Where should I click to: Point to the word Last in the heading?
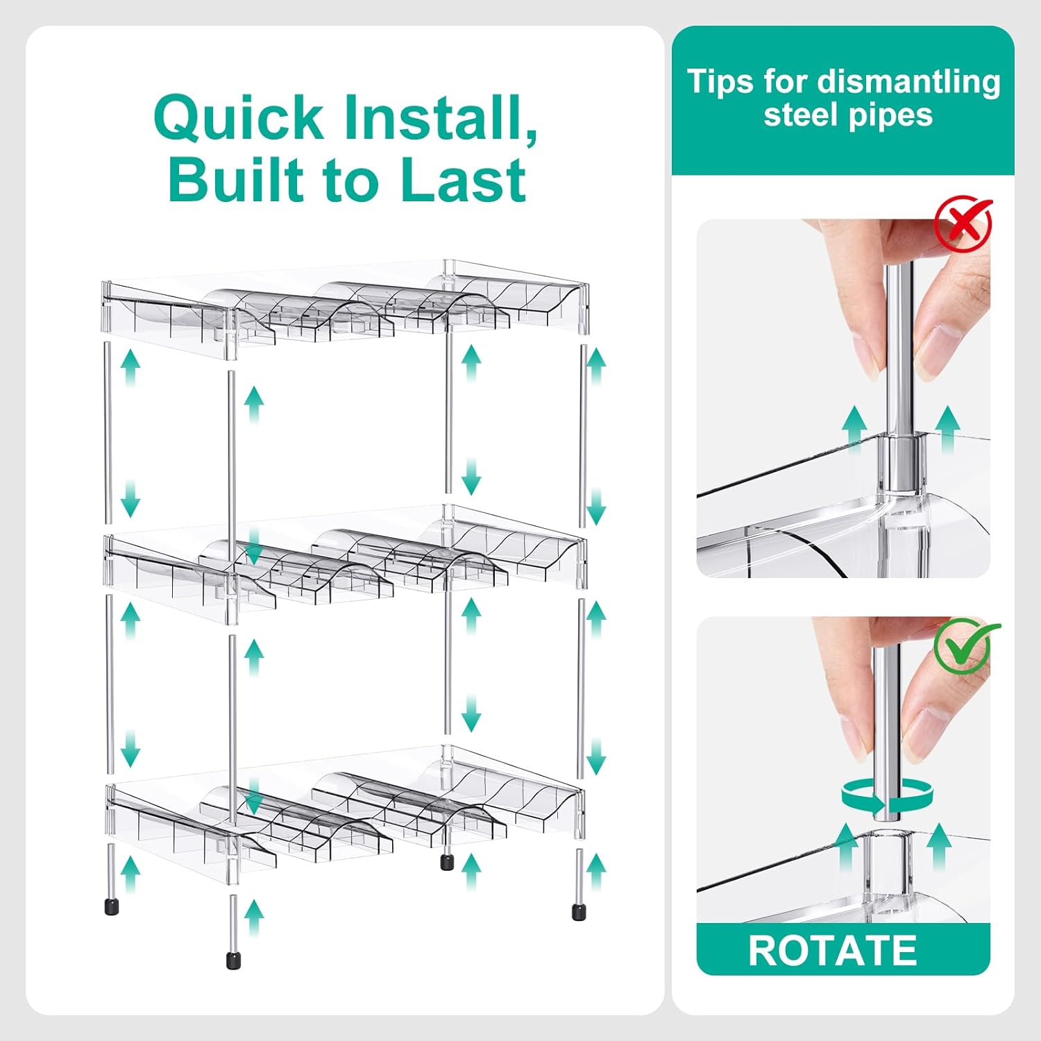pos(463,180)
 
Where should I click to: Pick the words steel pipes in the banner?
pos(848,115)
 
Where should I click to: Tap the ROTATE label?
pos(833,950)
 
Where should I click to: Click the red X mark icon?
pos(963,223)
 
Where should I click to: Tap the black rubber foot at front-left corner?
pos(112,906)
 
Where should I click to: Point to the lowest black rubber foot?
pos(233,960)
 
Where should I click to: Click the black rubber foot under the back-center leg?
pos(448,862)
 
